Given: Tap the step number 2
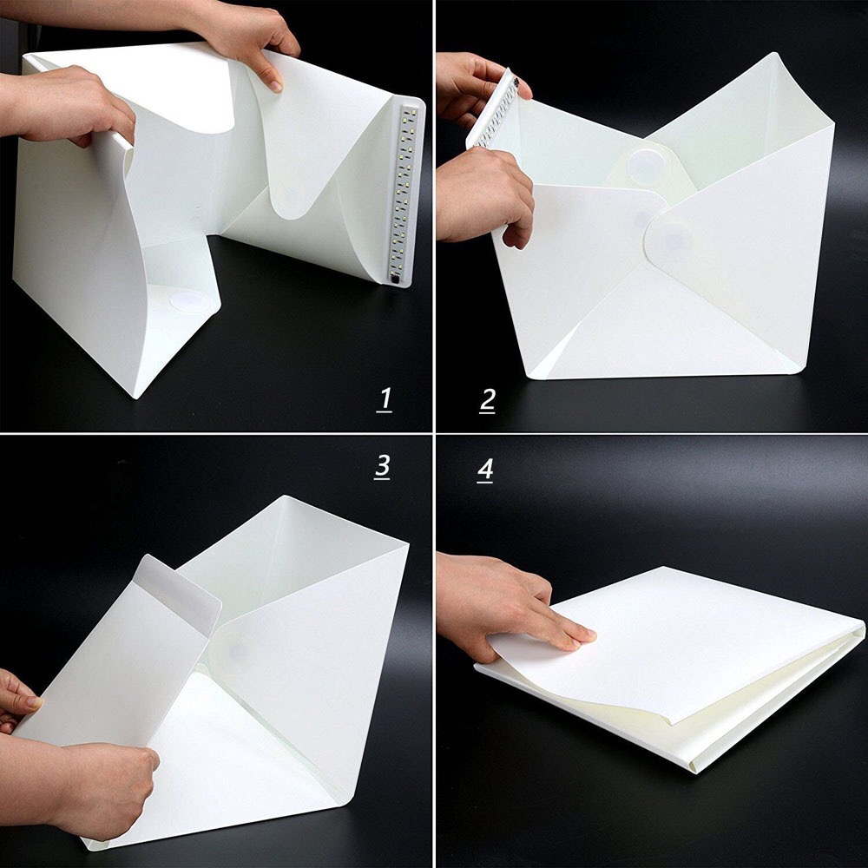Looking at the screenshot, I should (487, 400).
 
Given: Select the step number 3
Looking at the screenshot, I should (382, 466).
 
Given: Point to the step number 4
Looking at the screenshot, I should (485, 470).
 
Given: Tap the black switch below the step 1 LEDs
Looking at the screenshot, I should (396, 281).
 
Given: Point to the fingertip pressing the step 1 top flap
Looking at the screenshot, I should (275, 84).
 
